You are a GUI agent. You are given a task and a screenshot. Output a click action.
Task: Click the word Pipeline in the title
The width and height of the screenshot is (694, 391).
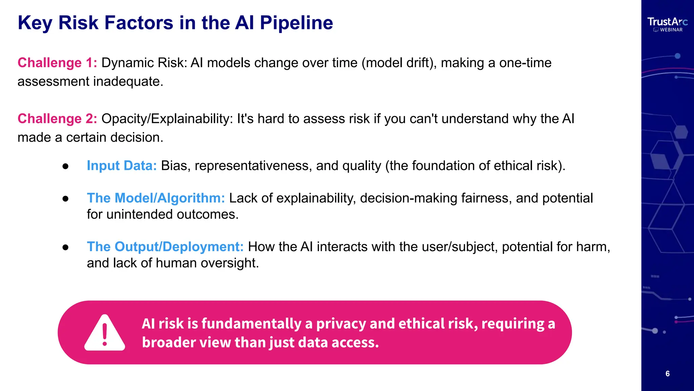pos(296,23)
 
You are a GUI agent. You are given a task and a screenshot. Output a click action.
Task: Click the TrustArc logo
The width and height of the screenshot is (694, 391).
pos(667,22)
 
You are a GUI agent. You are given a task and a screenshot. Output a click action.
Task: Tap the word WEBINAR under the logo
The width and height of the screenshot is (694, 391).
pos(671,30)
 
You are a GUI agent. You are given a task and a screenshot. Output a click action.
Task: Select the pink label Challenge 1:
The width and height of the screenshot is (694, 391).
pos(57,63)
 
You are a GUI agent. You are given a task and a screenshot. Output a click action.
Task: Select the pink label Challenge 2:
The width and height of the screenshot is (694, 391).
pos(57,119)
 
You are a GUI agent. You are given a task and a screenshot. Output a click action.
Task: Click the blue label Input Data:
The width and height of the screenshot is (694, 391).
pos(122,166)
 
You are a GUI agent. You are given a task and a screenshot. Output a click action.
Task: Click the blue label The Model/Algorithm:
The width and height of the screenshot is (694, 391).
pos(156,198)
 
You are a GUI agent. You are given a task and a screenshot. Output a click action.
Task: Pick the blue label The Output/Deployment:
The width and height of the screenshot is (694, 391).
pos(165,247)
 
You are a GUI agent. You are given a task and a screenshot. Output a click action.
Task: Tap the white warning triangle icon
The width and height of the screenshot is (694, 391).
pos(105,333)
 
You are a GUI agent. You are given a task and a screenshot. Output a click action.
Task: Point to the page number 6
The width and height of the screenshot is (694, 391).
pos(667,374)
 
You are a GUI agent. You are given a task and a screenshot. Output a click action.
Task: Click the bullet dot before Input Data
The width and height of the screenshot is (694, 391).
pos(65,166)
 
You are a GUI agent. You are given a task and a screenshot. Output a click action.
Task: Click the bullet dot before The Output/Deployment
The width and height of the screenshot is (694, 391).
pos(65,247)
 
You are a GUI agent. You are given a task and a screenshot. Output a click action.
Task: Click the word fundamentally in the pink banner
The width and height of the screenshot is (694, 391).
pos(251,323)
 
